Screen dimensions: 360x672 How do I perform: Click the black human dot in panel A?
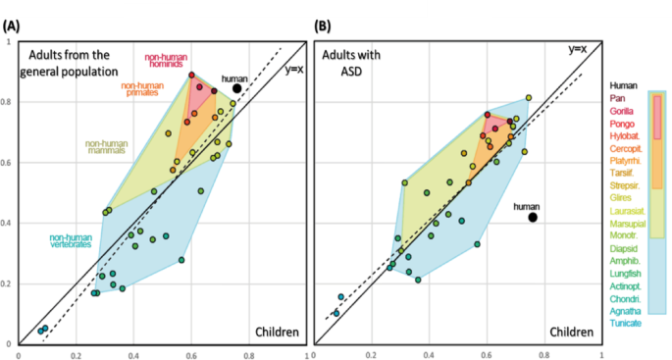[237, 88]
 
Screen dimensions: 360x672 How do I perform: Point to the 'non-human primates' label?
[142, 90]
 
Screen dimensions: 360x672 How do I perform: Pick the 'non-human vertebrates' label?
[74, 241]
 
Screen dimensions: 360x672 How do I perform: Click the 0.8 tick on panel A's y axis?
[9, 102]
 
